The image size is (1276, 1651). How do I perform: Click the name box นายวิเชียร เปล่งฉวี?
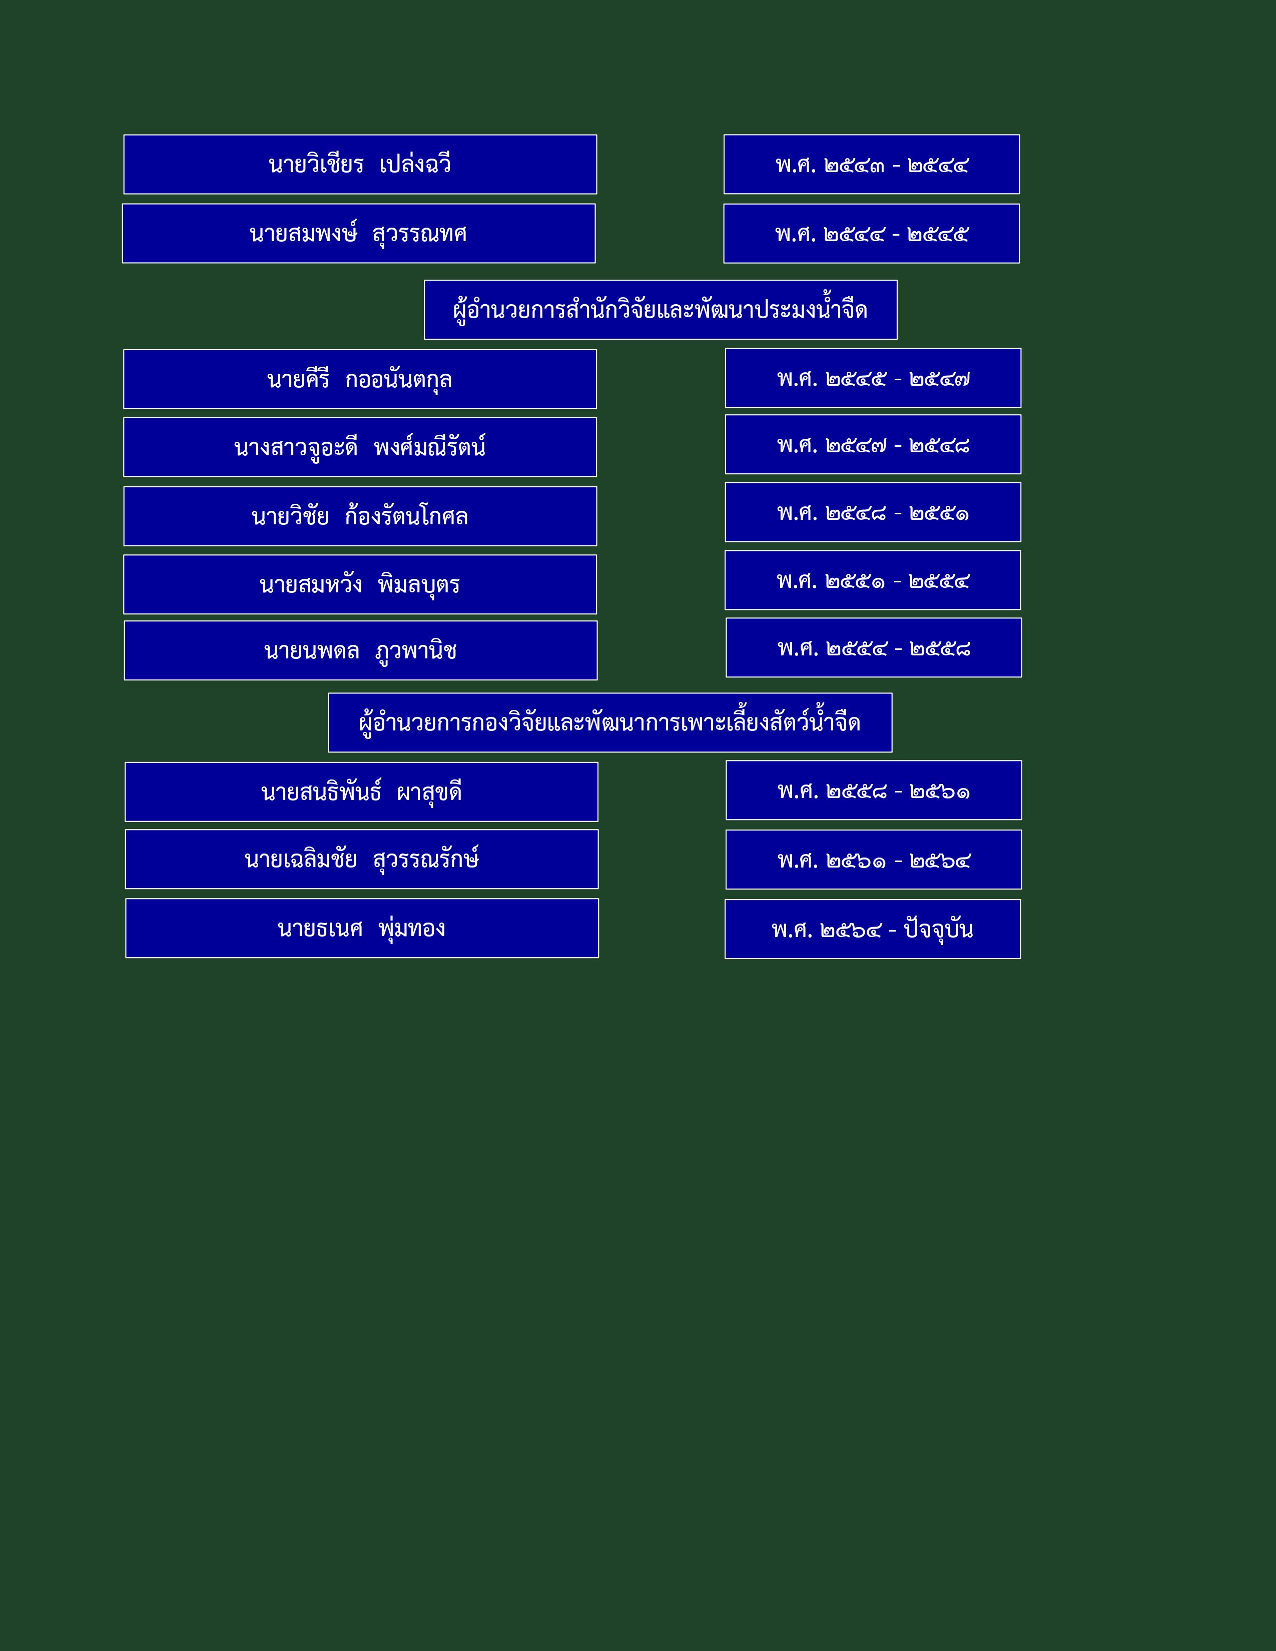[360, 164]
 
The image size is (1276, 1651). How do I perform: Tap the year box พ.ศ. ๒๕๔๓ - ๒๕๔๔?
[872, 164]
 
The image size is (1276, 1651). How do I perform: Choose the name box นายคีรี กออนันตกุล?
[360, 379]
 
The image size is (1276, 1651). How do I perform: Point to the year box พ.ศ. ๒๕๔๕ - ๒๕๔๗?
[873, 378]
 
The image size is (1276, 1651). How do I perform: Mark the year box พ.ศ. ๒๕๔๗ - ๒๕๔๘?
[873, 444]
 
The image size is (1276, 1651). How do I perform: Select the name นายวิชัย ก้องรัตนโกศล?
[360, 516]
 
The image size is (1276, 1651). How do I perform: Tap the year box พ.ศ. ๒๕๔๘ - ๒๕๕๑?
[873, 512]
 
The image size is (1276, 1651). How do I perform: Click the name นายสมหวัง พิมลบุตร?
[360, 584]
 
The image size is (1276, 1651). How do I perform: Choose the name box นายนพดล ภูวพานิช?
[361, 650]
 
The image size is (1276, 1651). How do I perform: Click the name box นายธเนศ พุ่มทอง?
[362, 928]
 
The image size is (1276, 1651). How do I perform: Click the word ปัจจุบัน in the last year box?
[938, 929]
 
